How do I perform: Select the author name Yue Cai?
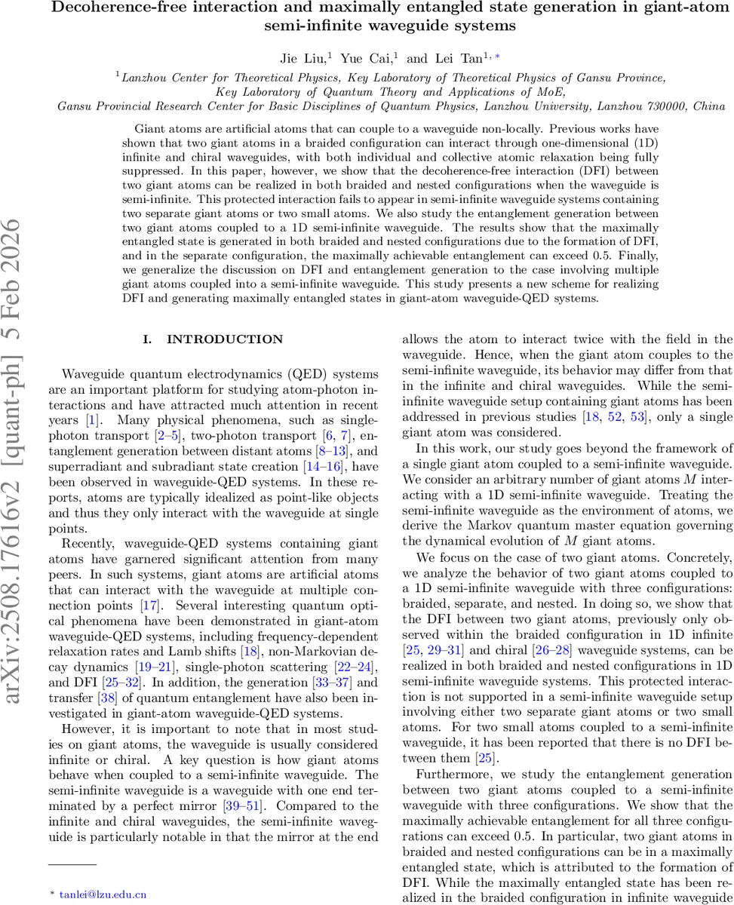point(362,58)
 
